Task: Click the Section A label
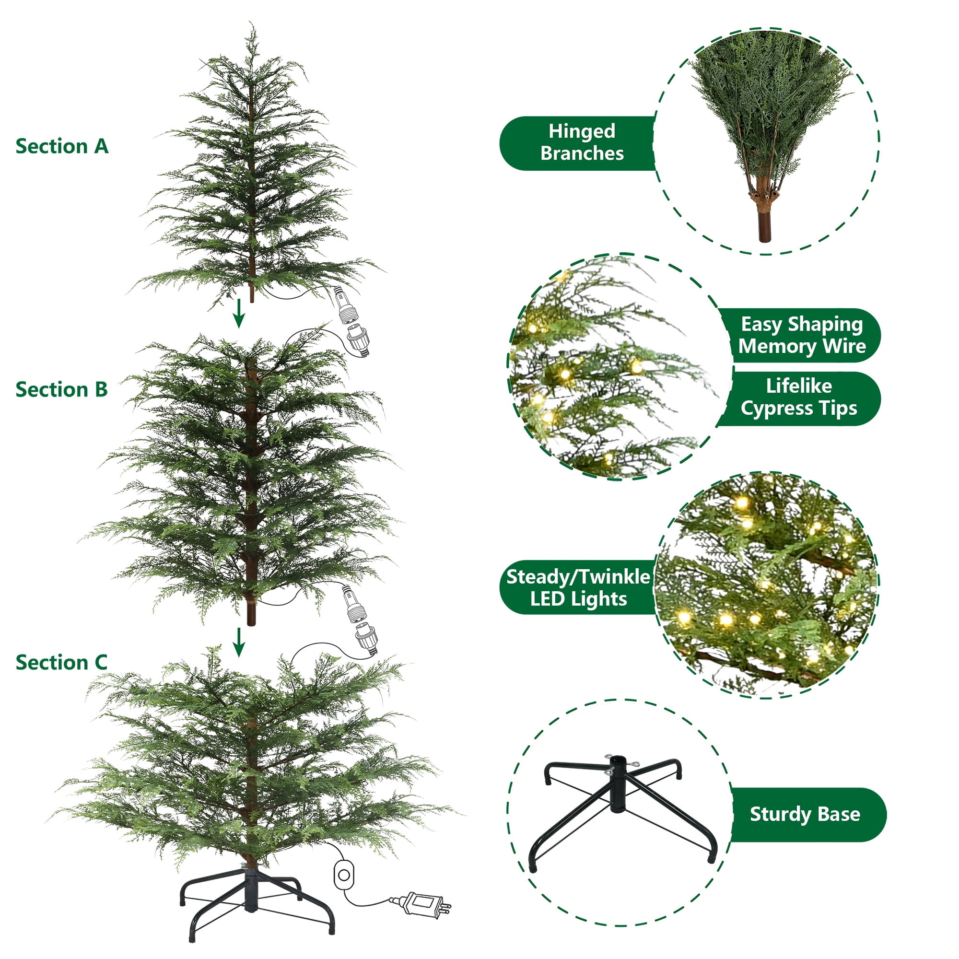click(x=62, y=146)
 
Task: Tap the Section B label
click(x=61, y=390)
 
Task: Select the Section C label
click(x=61, y=663)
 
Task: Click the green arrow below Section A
click(x=239, y=313)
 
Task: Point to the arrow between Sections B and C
click(x=239, y=642)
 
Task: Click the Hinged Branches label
click(x=582, y=142)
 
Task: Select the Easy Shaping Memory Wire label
click(x=801, y=335)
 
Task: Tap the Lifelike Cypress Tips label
click(x=799, y=397)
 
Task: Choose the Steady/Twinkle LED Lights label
click(x=578, y=588)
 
